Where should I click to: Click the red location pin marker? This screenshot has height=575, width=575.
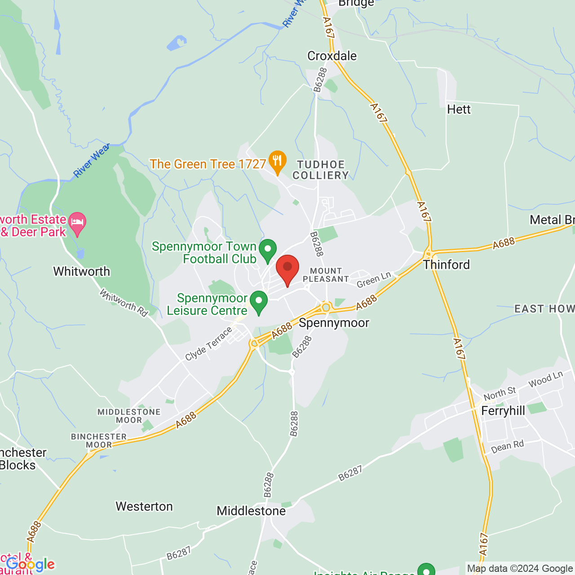click(x=287, y=268)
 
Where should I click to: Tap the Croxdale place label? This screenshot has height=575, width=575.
click(x=332, y=56)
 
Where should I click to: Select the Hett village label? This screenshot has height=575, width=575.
click(x=459, y=109)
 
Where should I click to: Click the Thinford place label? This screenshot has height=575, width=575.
click(x=447, y=265)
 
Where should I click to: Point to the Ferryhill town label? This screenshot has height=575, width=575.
click(x=503, y=411)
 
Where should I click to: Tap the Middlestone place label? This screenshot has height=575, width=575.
click(x=251, y=511)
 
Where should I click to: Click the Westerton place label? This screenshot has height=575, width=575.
click(x=144, y=506)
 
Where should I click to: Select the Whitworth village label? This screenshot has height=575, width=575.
click(x=81, y=271)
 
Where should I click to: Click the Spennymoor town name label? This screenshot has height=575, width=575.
click(x=334, y=323)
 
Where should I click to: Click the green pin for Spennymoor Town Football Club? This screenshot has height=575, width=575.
click(x=268, y=249)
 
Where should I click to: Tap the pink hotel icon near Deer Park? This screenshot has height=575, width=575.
click(x=77, y=222)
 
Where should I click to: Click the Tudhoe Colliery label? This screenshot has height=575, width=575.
click(x=321, y=170)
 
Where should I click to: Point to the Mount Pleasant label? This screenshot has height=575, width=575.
click(x=326, y=275)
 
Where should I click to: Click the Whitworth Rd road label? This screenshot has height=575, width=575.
click(x=124, y=303)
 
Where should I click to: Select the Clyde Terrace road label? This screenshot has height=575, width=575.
click(x=209, y=344)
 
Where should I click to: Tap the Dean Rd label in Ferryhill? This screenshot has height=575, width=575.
click(x=507, y=447)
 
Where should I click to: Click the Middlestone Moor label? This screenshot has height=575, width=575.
click(x=129, y=416)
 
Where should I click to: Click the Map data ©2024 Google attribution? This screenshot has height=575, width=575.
click(x=519, y=568)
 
